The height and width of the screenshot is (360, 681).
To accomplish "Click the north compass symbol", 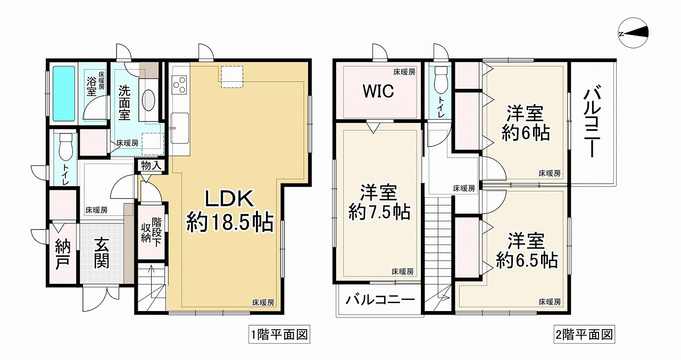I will pos(635,33).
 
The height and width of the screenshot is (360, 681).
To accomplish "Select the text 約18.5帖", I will pos(229,222).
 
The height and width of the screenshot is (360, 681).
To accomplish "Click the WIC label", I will pos(378,91).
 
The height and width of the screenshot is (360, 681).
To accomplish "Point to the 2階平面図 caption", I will pos(584,335).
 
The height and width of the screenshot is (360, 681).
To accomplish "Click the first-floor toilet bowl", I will pos(65,146).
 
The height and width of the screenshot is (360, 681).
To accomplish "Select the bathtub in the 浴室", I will pos(64,93).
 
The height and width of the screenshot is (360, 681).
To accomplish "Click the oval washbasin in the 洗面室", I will pos(150,99).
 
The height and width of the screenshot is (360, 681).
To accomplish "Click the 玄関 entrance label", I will pos(102,253).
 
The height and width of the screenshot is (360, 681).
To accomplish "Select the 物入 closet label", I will pos(151,165).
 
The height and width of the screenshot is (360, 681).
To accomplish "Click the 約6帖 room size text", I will pos(525,133).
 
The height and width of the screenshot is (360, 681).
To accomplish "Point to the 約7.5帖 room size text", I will pos(379,212).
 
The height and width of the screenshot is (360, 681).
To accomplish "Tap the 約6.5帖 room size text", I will pos(526,260).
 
